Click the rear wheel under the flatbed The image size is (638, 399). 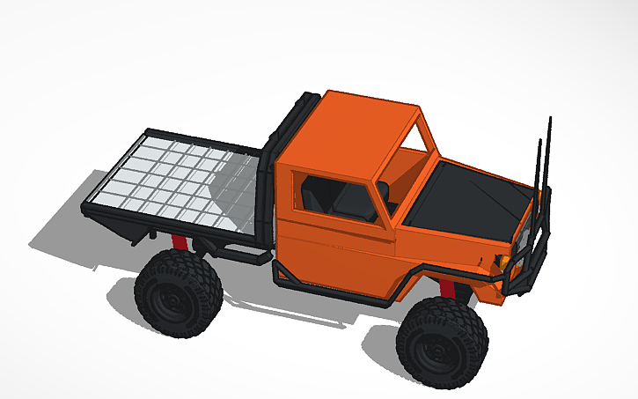tap(179, 293)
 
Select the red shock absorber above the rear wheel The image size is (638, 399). tap(180, 242)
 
